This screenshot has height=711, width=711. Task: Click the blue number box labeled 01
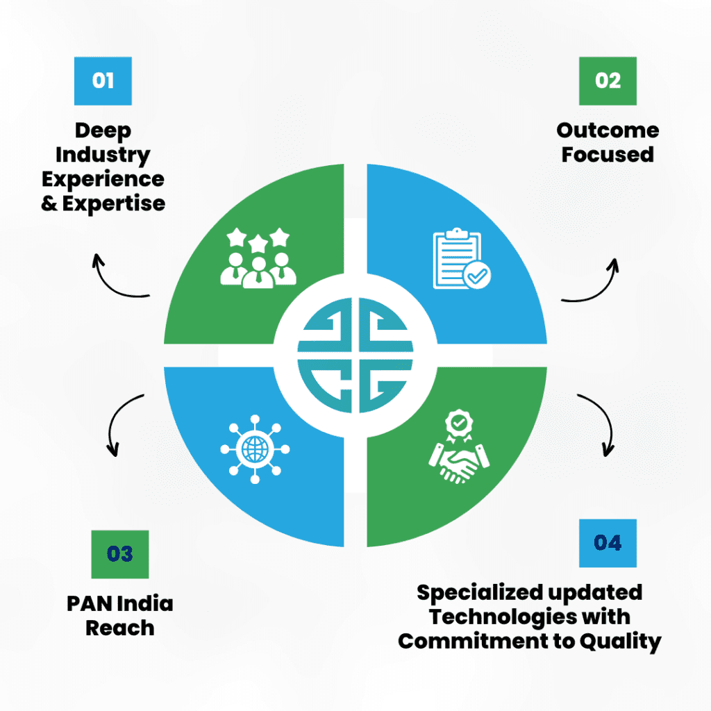(x=103, y=81)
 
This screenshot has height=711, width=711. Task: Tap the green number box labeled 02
(x=608, y=81)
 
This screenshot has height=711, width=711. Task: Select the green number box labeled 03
(x=119, y=554)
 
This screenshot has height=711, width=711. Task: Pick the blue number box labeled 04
(x=608, y=542)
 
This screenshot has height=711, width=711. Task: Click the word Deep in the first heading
(x=103, y=130)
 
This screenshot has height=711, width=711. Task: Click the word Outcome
(x=608, y=130)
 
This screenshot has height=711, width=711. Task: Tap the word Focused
(x=608, y=154)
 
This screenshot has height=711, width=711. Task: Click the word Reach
(x=119, y=628)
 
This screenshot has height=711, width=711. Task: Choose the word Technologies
(x=490, y=617)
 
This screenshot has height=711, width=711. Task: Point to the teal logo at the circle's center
(x=355, y=355)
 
